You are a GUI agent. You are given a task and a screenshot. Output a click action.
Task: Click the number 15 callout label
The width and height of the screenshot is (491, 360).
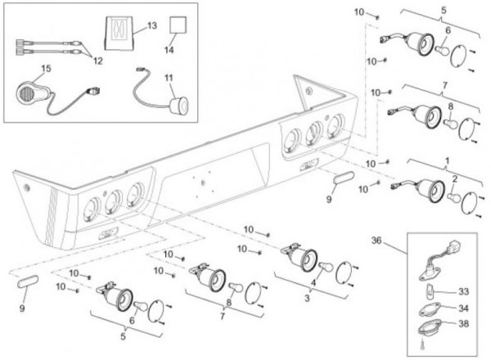pyautogui.click(x=23, y=67)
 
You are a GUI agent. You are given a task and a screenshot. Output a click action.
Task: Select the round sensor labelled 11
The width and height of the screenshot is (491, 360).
pyautogui.click(x=177, y=104)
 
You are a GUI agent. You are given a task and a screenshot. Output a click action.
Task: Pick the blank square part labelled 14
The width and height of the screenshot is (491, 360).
pyautogui.click(x=178, y=27)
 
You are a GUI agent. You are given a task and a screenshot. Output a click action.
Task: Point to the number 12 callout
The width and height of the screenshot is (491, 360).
pyautogui.click(x=97, y=59)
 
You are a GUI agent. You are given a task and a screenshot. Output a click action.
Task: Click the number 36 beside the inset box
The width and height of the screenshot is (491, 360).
pyautogui.click(x=399, y=241)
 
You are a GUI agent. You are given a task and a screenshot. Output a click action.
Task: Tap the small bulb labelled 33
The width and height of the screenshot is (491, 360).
pyautogui.click(x=432, y=290)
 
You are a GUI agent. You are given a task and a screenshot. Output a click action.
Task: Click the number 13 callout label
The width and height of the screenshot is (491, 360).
pyautogui.click(x=152, y=26)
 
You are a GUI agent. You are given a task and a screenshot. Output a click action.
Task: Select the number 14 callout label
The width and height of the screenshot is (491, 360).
pyautogui.click(x=169, y=50)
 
